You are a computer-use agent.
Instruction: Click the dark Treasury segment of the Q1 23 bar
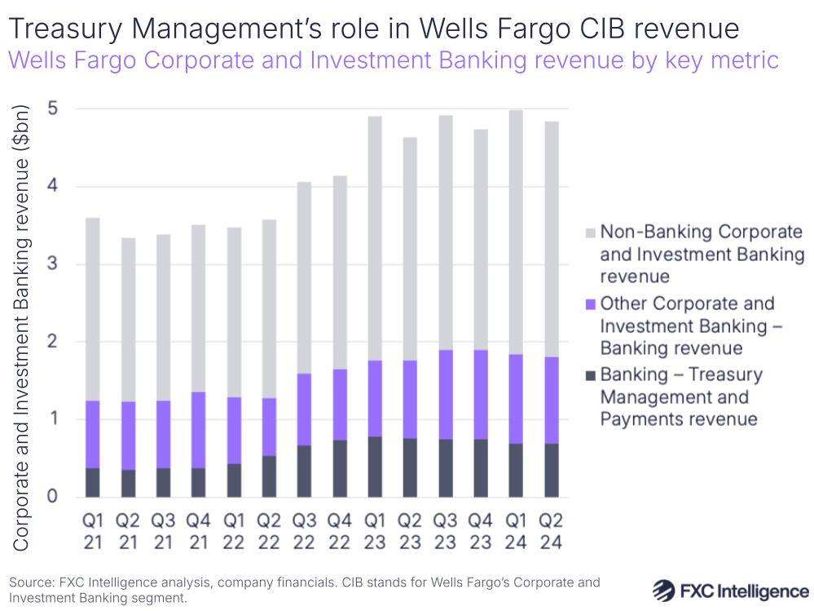point(375,467)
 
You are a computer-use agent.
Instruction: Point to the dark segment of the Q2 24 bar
point(551,470)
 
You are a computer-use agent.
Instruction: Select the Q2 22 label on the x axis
point(269,530)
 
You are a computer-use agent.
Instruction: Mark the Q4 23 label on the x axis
point(481,530)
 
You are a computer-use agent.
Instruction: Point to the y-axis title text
point(22,326)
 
